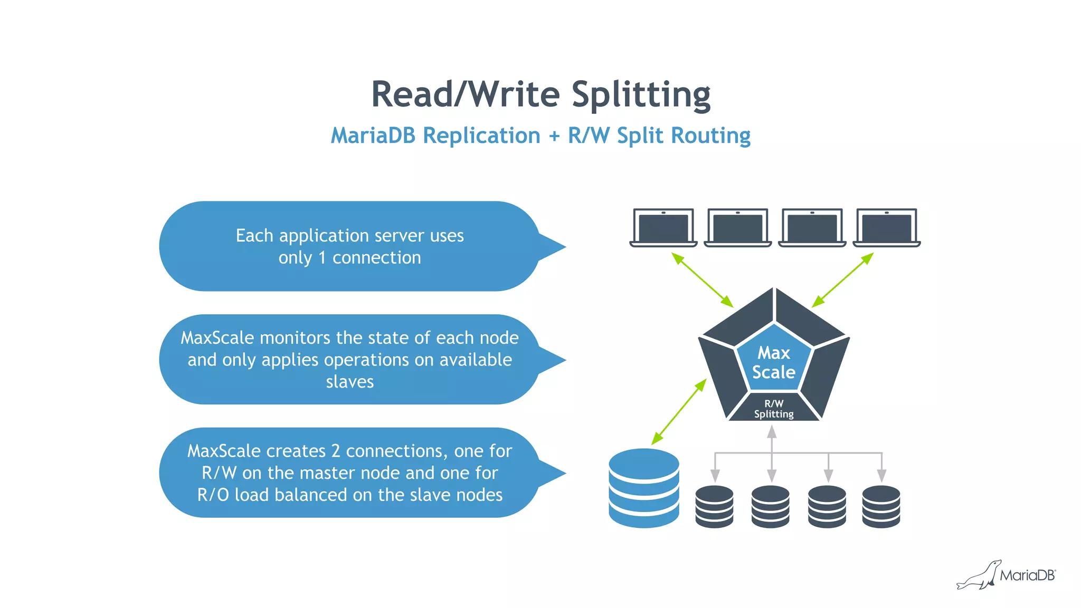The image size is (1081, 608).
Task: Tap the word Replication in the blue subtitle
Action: click(x=481, y=136)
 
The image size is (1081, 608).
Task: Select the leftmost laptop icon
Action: click(x=663, y=228)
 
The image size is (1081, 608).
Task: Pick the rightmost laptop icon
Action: click(x=887, y=228)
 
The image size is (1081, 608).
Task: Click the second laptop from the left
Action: click(x=737, y=228)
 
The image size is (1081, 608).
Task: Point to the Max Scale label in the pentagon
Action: click(x=773, y=362)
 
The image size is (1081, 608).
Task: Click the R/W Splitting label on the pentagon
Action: click(x=773, y=409)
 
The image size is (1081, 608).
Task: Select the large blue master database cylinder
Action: click(x=643, y=488)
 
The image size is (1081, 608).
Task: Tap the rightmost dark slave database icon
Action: click(x=881, y=506)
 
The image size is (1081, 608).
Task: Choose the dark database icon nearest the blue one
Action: click(x=714, y=506)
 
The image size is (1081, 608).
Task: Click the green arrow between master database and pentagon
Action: click(x=679, y=412)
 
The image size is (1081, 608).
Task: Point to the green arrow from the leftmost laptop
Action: click(x=702, y=280)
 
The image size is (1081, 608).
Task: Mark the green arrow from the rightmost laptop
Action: click(x=842, y=280)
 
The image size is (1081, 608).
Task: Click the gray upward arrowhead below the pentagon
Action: click(x=772, y=432)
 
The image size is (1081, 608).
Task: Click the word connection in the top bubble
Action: click(x=376, y=258)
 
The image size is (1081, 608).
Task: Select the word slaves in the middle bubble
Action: click(x=349, y=381)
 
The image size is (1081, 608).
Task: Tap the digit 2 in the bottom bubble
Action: click(x=336, y=451)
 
